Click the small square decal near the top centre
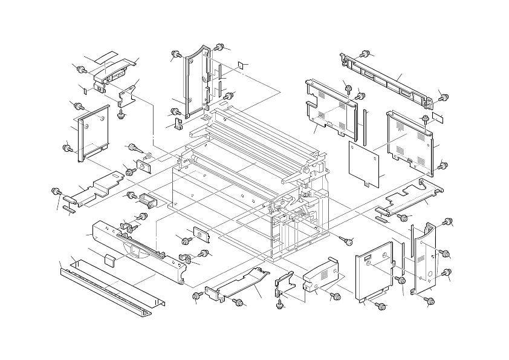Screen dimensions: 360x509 coord(240,64)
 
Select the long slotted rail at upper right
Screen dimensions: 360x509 coord(387,79)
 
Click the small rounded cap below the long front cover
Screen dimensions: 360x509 coord(109,260)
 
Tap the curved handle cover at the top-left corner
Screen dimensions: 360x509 coord(115,71)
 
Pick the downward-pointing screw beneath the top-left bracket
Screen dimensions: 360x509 coord(121,113)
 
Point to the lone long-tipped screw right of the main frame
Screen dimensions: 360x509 coord(347,241)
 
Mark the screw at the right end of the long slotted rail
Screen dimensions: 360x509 coord(443,97)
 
